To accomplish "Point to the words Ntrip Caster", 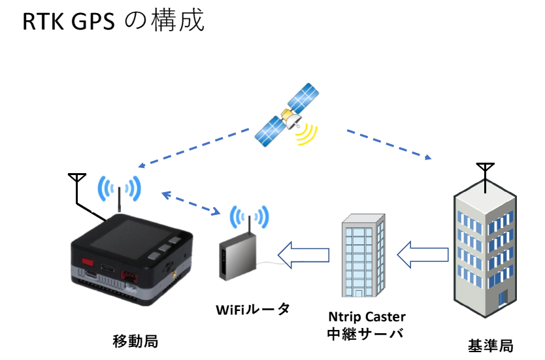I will tap(367, 317).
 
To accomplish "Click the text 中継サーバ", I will tap(363, 333).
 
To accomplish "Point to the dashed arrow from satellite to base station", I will tap(388, 144).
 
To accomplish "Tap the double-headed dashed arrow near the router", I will tap(190, 203).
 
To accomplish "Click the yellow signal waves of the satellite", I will tap(305, 133).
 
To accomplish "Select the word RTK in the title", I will tap(44, 23).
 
